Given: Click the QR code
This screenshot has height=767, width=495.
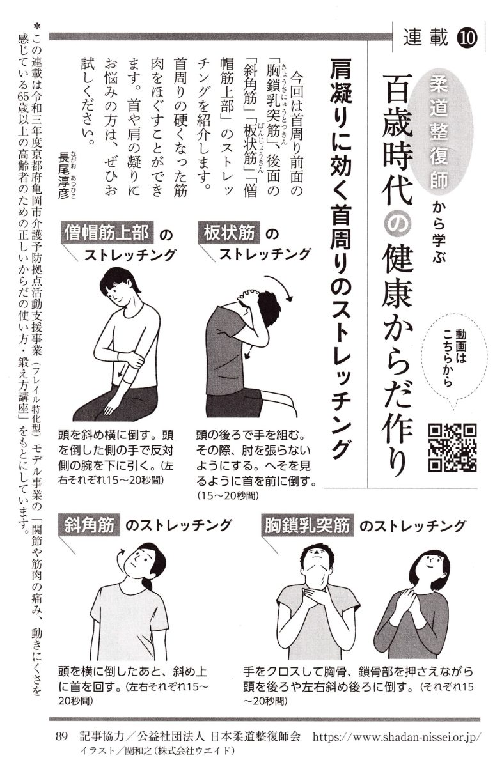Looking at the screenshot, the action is point(453,448).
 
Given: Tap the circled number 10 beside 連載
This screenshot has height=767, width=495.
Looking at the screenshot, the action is point(467,38).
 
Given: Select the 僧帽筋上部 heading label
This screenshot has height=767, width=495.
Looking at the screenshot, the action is point(107,233).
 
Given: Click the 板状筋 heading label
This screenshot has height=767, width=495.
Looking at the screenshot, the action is point(229,233).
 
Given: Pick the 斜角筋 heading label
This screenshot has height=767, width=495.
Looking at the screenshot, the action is point(90,525).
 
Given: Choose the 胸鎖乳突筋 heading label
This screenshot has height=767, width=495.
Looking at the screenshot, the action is point(307,525).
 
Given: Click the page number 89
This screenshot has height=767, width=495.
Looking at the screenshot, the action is point(62,736).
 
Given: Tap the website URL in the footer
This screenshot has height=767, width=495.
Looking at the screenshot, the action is point(397,736).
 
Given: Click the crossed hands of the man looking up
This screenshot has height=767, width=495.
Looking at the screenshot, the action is point(317,596).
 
